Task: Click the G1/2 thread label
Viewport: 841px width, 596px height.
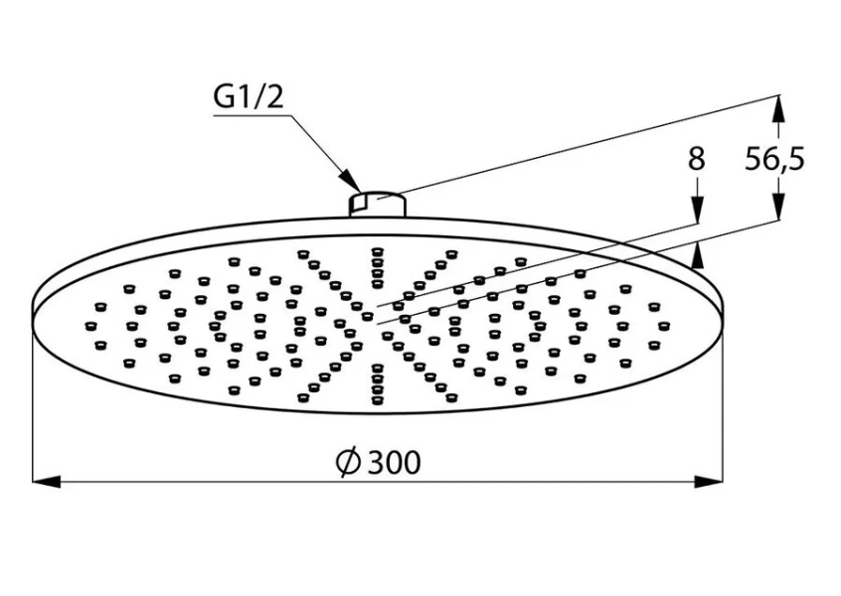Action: click(248, 97)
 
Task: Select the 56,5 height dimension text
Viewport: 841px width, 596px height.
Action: click(775, 159)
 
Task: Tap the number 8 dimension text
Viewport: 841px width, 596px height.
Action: click(696, 159)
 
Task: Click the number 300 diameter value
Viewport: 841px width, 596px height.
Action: click(395, 462)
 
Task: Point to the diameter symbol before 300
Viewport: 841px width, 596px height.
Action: click(348, 462)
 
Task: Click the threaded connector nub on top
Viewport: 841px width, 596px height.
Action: click(378, 205)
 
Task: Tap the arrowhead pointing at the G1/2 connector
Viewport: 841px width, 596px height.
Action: click(351, 181)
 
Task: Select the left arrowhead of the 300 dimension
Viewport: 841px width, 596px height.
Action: click(46, 482)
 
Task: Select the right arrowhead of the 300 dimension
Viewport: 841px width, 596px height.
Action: click(709, 482)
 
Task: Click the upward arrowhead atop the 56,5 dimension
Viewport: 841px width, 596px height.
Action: click(778, 109)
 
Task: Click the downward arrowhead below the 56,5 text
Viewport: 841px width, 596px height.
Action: click(778, 206)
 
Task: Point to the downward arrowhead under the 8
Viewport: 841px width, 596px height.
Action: click(697, 209)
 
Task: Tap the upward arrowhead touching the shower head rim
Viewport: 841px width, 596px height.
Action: click(697, 254)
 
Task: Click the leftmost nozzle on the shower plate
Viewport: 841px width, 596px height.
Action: click(91, 325)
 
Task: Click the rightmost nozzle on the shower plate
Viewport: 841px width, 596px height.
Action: click(663, 325)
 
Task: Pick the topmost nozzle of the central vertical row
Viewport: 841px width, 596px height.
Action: click(377, 251)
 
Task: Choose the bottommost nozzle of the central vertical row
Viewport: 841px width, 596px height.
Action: click(377, 399)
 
